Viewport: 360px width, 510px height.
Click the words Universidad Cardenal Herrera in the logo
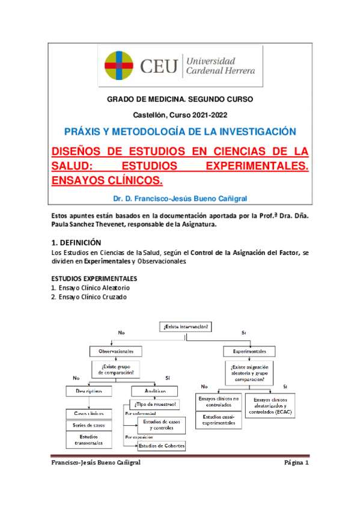click(x=221, y=66)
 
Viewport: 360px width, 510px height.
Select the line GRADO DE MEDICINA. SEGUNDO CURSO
click(x=180, y=99)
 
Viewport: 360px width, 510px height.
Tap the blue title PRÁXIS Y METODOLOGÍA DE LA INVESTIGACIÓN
click(x=180, y=132)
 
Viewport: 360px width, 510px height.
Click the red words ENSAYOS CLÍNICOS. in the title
click(x=108, y=180)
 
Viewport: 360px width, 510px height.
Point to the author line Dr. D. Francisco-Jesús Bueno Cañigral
click(x=180, y=198)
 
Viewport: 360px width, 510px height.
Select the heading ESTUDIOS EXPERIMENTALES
click(x=94, y=279)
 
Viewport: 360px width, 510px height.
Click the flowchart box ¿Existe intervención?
click(x=186, y=327)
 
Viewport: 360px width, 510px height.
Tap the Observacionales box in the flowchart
click(x=116, y=351)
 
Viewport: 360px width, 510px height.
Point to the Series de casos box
click(x=88, y=425)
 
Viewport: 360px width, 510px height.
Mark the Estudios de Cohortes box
click(x=162, y=446)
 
